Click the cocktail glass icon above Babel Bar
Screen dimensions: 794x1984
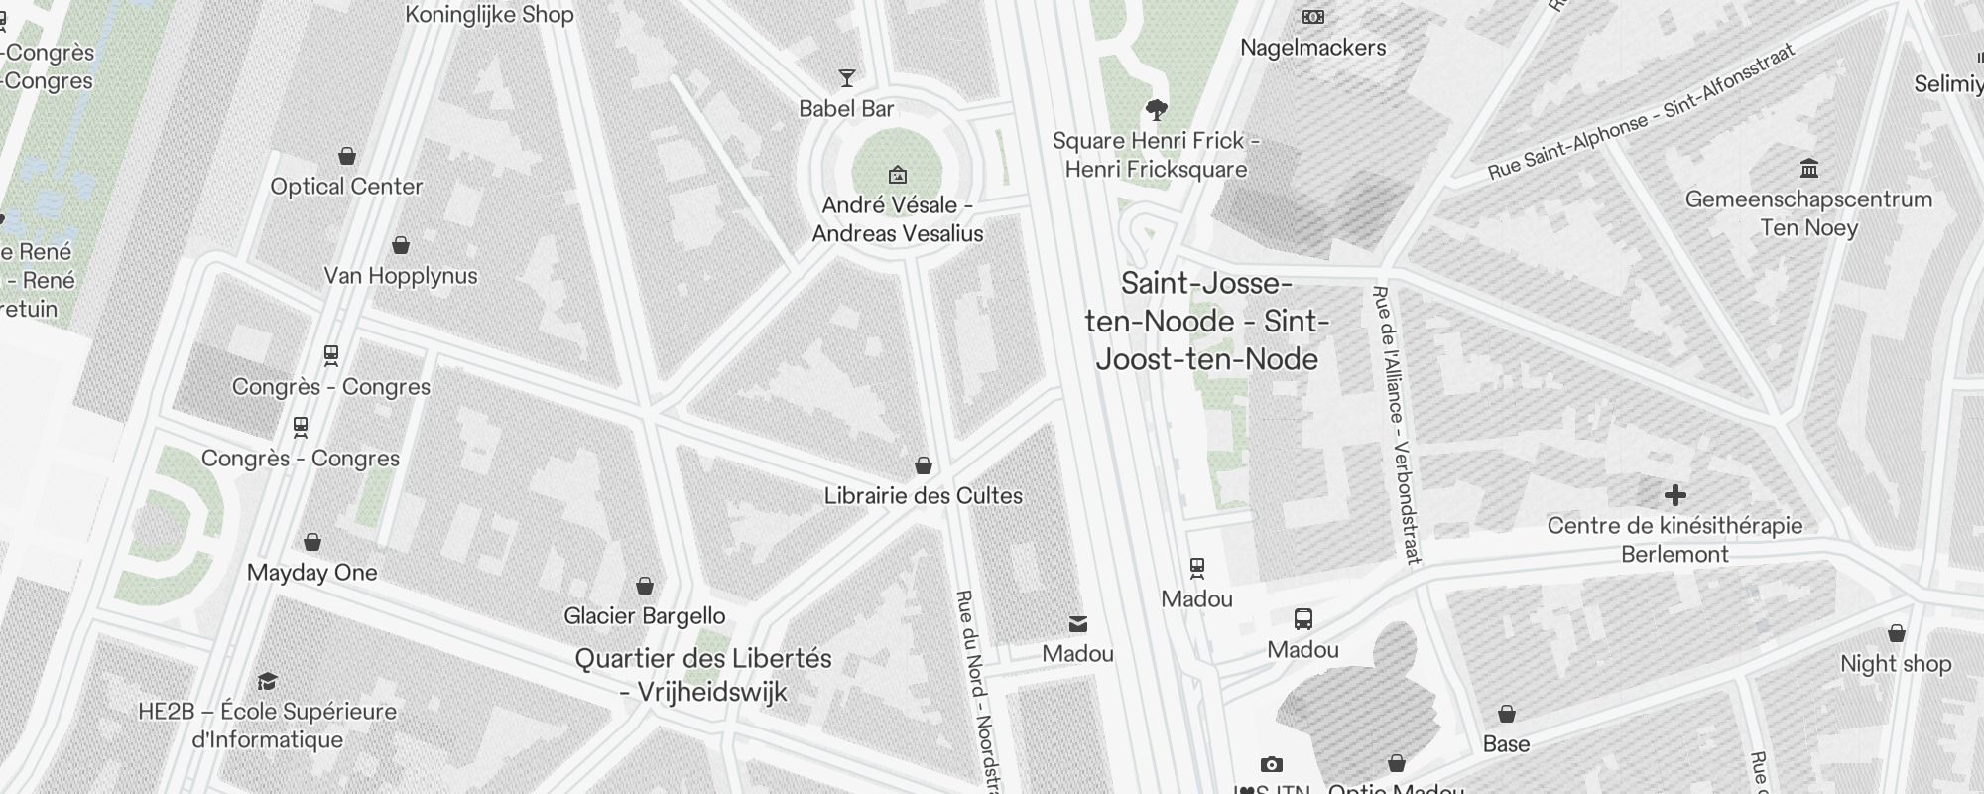click(x=846, y=78)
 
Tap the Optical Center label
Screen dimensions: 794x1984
click(x=346, y=187)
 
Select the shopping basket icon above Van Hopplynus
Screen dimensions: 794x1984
click(x=401, y=245)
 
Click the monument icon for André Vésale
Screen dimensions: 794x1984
click(x=897, y=175)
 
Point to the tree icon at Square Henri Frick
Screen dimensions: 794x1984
click(x=1156, y=109)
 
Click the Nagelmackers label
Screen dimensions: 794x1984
click(x=1312, y=48)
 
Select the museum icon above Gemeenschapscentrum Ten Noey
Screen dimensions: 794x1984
click(x=1808, y=168)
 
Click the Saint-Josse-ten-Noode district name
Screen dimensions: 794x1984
click(x=1207, y=322)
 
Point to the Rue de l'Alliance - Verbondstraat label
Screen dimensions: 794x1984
click(x=1396, y=425)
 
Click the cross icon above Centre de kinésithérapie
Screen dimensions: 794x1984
click(x=1674, y=495)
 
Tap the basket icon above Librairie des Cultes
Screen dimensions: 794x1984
click(x=923, y=465)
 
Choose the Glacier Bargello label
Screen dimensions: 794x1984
click(x=644, y=616)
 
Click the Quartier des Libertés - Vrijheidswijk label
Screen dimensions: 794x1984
click(x=703, y=675)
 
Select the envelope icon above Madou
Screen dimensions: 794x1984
click(x=1077, y=624)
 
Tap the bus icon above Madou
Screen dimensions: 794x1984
click(x=1302, y=620)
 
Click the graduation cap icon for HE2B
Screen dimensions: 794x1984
click(x=267, y=681)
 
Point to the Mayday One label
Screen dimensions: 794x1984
click(x=311, y=573)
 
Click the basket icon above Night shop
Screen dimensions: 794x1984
click(x=1896, y=633)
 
